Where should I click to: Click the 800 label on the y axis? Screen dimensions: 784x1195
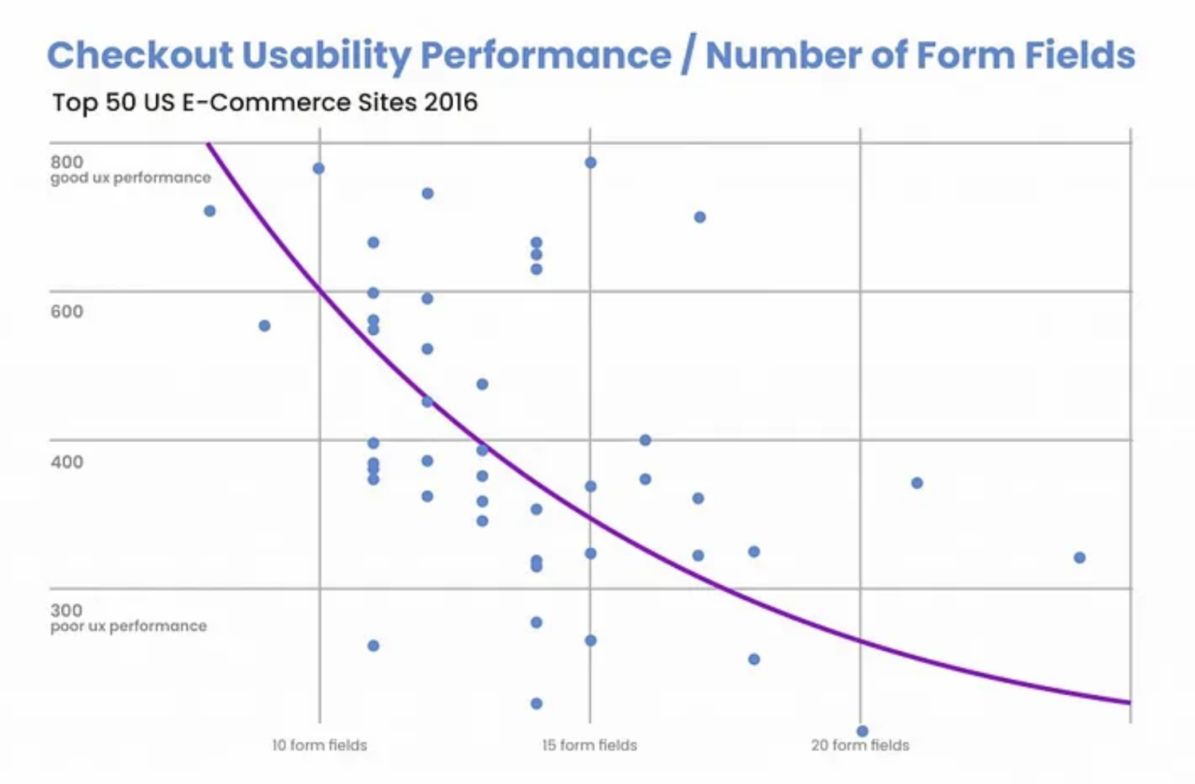[x=66, y=162]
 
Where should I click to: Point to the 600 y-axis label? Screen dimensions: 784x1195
[x=66, y=311]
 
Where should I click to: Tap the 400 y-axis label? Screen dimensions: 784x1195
[x=66, y=461]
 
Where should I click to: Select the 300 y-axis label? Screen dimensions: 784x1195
[x=66, y=610]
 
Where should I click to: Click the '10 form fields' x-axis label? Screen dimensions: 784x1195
[x=319, y=745]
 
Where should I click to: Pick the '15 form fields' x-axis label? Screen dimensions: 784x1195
[x=589, y=745]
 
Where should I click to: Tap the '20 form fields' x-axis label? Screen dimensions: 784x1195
[x=860, y=745]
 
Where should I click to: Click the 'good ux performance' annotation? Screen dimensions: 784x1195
[x=130, y=178]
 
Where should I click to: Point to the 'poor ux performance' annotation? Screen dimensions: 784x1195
[x=128, y=626]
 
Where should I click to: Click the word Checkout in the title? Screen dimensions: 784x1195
[x=139, y=56]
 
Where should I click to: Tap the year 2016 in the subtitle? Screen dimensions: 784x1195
[x=450, y=102]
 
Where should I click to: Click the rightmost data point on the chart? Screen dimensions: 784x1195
[x=1079, y=557]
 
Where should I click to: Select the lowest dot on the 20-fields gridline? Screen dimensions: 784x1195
[x=862, y=731]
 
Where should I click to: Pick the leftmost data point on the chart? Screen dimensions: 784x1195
[x=210, y=211]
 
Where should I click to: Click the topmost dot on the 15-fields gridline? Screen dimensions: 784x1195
[x=591, y=163]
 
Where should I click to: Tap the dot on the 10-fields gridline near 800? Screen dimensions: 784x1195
[x=319, y=168]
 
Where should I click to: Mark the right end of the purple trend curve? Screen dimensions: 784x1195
[x=1129, y=702]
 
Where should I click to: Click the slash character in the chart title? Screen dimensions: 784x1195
[x=688, y=56]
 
